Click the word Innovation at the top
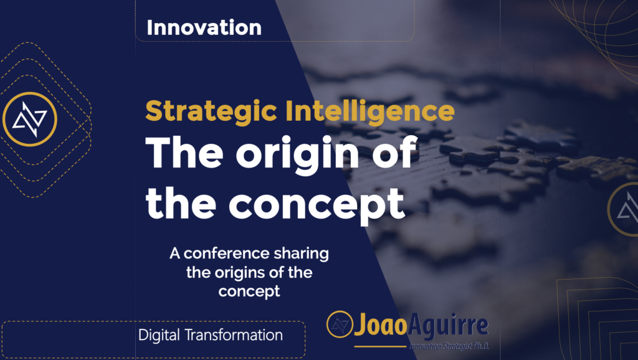[x=204, y=27]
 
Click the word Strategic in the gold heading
[x=211, y=111]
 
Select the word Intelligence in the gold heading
[x=370, y=111]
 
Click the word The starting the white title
[x=184, y=153]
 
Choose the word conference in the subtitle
[x=226, y=253]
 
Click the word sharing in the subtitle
[x=301, y=254]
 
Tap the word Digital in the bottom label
[x=159, y=336]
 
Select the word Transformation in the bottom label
[x=234, y=335]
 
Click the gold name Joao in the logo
[x=381, y=325]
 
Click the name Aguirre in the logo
[x=448, y=326]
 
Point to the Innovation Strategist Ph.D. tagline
[x=449, y=346]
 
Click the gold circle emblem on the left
[x=30, y=119]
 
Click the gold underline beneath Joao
[x=381, y=346]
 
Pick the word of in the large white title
[x=394, y=153]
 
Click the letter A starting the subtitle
[x=174, y=253]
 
